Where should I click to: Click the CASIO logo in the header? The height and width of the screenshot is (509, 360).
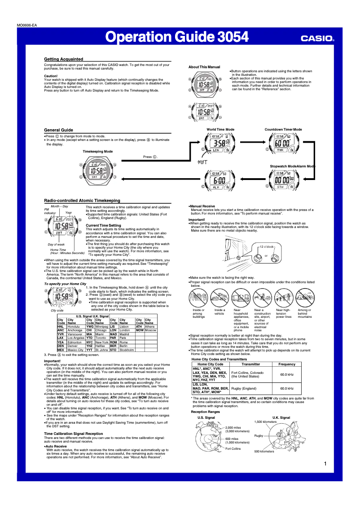(x=317, y=39)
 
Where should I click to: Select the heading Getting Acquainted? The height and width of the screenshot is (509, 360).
(x=63, y=59)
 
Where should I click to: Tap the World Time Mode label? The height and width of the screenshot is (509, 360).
(x=220, y=129)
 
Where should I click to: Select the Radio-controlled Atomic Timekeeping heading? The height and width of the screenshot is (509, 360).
(x=82, y=200)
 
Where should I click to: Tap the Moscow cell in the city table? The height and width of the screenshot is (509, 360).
(x=150, y=330)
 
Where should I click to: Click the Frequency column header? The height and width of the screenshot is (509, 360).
(x=286, y=364)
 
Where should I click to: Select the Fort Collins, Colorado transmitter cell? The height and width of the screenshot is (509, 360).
(x=247, y=374)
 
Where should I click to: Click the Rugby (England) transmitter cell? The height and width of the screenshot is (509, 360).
(x=244, y=388)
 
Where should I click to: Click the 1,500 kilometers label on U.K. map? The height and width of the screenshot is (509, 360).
(x=266, y=422)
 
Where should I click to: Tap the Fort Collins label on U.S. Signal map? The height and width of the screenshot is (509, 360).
(x=233, y=449)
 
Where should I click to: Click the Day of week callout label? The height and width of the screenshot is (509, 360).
(x=56, y=244)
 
